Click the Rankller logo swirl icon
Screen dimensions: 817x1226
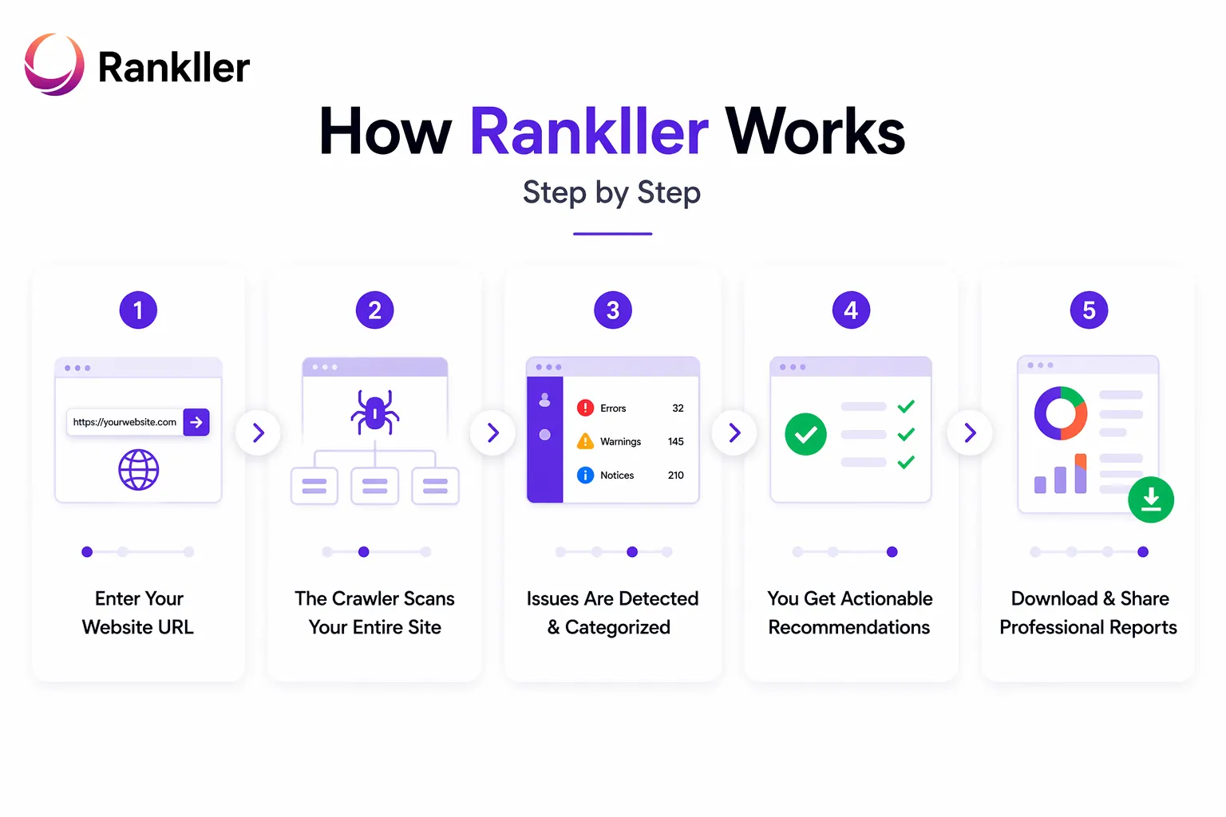point(54,65)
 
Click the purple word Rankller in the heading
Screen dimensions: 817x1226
point(589,132)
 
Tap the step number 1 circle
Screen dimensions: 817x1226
point(138,310)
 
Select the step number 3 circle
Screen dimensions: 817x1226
point(613,310)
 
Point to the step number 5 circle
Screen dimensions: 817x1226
point(1089,310)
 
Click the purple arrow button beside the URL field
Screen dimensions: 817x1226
point(196,422)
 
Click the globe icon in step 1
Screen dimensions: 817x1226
point(139,469)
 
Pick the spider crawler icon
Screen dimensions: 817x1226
point(375,412)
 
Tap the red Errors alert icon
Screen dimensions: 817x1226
point(585,408)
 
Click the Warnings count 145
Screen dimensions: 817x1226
point(675,441)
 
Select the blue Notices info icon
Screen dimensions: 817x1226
point(585,475)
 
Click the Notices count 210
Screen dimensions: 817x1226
point(675,475)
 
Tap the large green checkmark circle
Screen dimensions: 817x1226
point(805,434)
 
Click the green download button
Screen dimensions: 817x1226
point(1150,499)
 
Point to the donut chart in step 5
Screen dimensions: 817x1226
point(1060,413)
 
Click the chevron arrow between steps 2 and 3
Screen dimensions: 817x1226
point(493,432)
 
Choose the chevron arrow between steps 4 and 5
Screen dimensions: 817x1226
point(970,432)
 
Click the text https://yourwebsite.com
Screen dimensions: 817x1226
point(125,422)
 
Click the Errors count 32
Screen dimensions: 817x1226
point(678,408)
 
